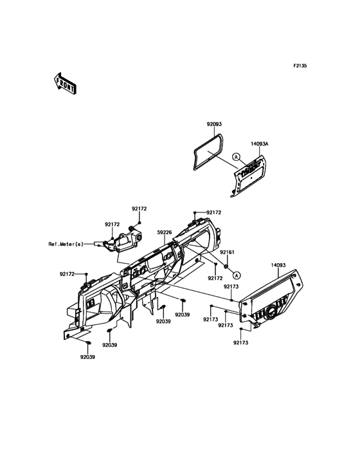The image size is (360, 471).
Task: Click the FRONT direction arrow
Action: pos(65,84)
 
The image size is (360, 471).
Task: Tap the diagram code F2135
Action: pos(300,66)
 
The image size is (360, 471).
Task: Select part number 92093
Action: pos(214,124)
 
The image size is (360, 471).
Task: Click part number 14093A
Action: pos(260,144)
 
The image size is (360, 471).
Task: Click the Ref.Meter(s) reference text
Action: pos(66,244)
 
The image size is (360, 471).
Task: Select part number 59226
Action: pos(165,232)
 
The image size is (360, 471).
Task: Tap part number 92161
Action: pos(227,252)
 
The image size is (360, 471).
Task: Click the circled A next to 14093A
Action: pos(236,156)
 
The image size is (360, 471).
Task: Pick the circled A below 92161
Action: pos(236,275)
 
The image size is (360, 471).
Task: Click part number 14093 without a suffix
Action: pos(278,265)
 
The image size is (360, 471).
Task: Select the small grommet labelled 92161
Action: pos(226,266)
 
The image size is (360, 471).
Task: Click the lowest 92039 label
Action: pos(87,357)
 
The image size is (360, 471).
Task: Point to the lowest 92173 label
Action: pos(241,342)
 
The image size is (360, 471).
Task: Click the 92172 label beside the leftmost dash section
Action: pos(67,274)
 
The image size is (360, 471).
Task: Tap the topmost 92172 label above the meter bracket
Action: pos(139,208)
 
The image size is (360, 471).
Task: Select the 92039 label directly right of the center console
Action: pos(183,315)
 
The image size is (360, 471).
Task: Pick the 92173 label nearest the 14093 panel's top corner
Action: pos(231,287)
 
